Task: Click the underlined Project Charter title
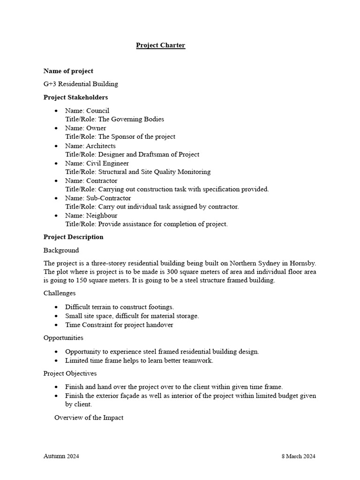pos(161,45)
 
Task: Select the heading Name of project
pos(68,71)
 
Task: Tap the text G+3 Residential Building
pos(81,84)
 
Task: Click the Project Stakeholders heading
pos(75,97)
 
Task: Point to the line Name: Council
pos(87,111)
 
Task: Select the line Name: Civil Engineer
pos(97,163)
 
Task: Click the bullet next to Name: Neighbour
pos(56,216)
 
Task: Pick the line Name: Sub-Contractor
pos(98,198)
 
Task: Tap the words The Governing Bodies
pos(131,120)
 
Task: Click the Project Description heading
pos(74,237)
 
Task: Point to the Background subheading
pos(61,250)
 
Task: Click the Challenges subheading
pos(60,293)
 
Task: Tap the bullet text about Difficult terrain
pos(120,307)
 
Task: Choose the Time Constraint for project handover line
pos(119,325)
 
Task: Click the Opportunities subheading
pos(63,338)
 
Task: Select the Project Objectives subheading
pos(70,374)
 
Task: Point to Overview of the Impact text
pos(89,417)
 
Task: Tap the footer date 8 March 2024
pos(299,456)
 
